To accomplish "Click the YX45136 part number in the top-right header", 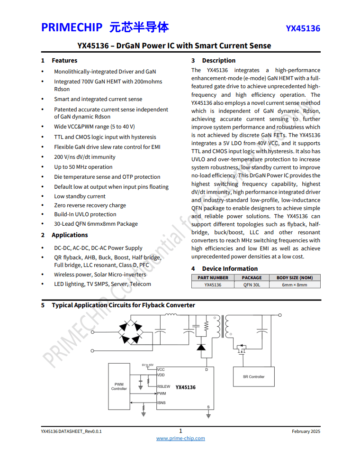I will click(x=303, y=28).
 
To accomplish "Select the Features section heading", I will click(x=64, y=61).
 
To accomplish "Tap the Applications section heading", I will click(x=70, y=235).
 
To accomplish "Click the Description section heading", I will click(x=218, y=61).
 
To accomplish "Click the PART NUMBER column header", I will click(x=213, y=278).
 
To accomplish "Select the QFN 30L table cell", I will click(x=252, y=285).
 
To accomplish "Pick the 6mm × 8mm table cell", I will click(x=294, y=285).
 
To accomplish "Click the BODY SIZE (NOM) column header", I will click(x=294, y=278).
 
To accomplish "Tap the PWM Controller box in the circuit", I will click(x=119, y=386).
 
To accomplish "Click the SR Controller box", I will click(x=253, y=377).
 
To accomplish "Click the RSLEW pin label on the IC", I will click(x=163, y=386).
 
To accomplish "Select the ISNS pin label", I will click(x=162, y=403).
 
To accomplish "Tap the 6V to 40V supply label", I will click(x=147, y=365).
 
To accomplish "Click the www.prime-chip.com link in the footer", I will click(x=180, y=439).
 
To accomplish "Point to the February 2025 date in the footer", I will click(x=306, y=431).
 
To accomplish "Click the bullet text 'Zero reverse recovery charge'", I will click(x=90, y=205).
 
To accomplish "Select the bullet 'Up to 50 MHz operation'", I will click(x=83, y=167).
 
